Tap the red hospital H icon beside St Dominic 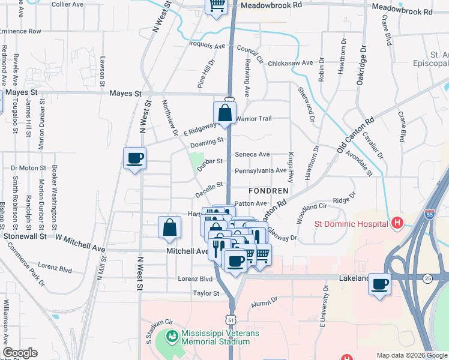tap(396, 224)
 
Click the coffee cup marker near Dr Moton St tap(134, 158)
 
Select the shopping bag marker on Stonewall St tap(170, 227)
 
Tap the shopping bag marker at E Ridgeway tap(224, 112)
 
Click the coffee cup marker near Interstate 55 tap(379, 284)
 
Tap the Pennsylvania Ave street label tap(261, 170)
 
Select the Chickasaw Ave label tap(291, 62)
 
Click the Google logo tap(20, 353)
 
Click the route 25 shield tap(427, 278)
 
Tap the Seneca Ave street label tap(252, 154)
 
